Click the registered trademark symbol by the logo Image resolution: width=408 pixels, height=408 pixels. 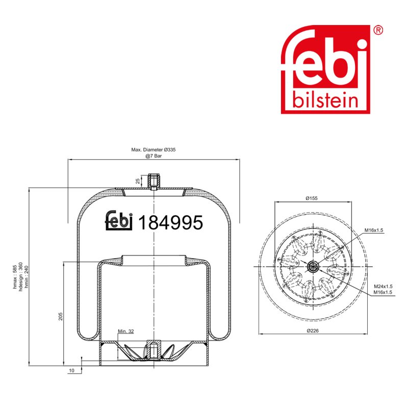(378, 30)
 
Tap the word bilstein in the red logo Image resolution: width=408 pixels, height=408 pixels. (325, 99)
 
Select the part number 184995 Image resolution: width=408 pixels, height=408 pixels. (170, 222)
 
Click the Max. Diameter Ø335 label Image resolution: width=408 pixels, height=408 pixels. (154, 149)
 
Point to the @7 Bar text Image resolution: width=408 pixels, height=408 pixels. (154, 156)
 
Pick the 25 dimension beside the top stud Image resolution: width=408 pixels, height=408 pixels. (138, 181)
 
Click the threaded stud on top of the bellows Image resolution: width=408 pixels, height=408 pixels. (154, 182)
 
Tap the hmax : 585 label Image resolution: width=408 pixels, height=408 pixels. (15, 277)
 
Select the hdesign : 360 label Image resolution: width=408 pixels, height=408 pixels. (21, 276)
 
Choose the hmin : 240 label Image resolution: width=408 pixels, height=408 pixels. (27, 277)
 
